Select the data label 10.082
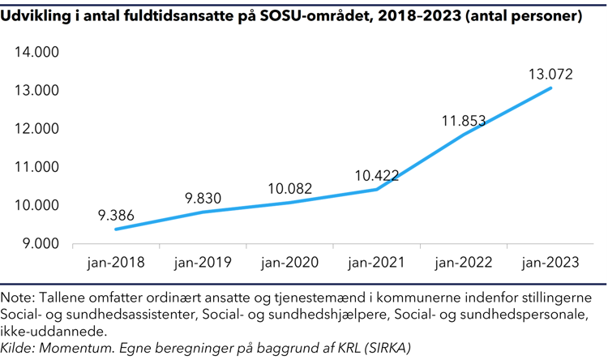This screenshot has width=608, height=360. pos(291,188)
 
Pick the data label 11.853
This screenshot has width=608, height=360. pos(464,122)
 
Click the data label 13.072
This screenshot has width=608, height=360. pos(550,74)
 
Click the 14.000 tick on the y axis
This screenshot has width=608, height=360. pos(37,52)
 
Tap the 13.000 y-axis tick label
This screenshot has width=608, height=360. pos(37,90)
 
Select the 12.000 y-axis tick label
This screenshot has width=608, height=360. pos(37,129)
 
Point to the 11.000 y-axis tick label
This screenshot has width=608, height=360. pos(37,167)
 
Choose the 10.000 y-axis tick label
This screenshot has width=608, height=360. pos(37,205)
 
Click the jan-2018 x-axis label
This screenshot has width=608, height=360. pos(116,263)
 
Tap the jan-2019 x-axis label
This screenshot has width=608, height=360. pos(203,263)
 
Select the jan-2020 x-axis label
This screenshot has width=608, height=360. pos(290,263)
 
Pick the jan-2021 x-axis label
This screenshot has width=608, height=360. pos(377,263)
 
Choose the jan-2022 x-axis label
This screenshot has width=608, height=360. pos(464,263)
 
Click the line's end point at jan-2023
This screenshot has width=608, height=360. pos(551,88)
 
